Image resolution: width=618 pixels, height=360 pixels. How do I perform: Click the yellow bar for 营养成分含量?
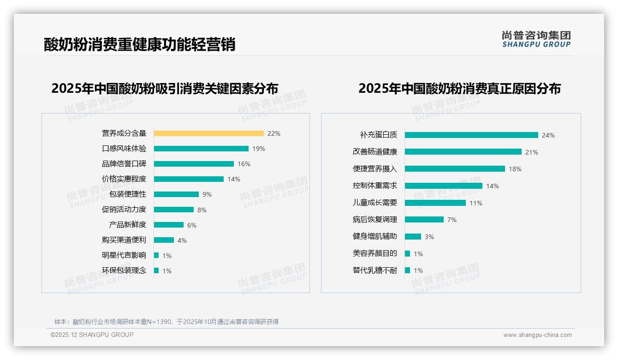(208, 133)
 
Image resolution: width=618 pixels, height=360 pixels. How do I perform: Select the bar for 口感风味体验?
(201, 149)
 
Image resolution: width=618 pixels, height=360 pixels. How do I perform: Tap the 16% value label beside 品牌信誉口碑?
(244, 164)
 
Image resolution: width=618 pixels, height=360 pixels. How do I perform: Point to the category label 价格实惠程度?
(124, 179)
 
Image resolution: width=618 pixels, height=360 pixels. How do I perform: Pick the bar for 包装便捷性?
(176, 194)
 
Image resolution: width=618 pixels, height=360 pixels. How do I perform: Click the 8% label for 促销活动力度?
(202, 210)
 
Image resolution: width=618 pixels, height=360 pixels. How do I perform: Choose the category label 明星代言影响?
(124, 255)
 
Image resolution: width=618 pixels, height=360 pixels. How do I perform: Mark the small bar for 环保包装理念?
(156, 270)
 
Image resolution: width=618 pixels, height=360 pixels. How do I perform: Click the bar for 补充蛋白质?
(471, 135)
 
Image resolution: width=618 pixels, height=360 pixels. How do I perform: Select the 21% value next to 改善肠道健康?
(532, 152)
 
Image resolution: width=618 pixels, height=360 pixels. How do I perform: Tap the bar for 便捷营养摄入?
(455, 169)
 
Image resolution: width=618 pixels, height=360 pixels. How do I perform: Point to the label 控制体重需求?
(374, 186)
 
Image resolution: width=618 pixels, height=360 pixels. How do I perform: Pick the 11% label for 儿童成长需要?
(476, 203)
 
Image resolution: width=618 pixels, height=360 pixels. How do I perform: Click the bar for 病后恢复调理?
(424, 220)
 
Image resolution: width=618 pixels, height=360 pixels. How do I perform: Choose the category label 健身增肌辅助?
(374, 236)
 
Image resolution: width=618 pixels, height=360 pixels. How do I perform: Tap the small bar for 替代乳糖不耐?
(407, 270)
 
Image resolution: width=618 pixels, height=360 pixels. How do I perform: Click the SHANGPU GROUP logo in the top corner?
(536, 39)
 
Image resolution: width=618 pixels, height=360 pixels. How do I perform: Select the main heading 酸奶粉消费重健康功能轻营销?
(140, 44)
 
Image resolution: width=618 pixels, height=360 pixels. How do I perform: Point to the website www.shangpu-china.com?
(537, 335)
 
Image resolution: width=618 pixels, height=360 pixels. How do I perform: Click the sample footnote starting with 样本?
(166, 322)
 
